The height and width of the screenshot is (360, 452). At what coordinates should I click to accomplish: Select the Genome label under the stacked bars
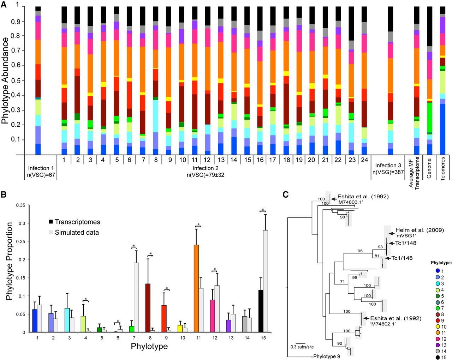(429, 168)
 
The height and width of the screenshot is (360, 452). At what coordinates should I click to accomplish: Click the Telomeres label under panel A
(442, 169)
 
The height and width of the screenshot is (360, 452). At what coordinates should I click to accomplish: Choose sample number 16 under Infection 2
(260, 160)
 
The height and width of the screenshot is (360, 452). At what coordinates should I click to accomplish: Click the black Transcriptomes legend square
(51, 222)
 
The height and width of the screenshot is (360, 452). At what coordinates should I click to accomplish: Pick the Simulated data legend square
(51, 232)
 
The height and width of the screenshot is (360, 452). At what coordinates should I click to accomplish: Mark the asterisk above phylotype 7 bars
(133, 246)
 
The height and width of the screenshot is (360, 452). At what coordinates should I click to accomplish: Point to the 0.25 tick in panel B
(22, 241)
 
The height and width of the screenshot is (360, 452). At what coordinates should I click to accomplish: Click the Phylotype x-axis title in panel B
(149, 346)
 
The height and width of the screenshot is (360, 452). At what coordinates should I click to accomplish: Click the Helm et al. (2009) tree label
(419, 230)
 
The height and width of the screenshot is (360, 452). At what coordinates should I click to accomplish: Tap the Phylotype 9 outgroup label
(327, 356)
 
